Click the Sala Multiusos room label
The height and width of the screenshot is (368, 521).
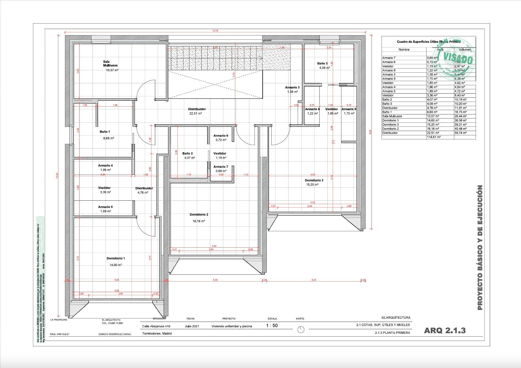110,63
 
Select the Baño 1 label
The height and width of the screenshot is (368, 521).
105,132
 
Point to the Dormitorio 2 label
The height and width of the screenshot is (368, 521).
199,215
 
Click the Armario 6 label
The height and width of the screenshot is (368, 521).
221,136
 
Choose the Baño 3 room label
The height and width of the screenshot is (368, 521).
322,63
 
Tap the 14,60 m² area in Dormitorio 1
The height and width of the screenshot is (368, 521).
116,265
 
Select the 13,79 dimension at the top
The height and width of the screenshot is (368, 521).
215,31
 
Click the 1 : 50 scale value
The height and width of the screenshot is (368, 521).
272,326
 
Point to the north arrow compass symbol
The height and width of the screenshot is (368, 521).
301,329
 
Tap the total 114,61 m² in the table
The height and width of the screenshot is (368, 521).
434,137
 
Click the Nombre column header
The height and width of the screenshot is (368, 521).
404,50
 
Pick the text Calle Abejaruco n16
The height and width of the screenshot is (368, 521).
156,326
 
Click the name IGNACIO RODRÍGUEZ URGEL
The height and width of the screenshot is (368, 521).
115,334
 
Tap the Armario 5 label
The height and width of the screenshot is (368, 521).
105,207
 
